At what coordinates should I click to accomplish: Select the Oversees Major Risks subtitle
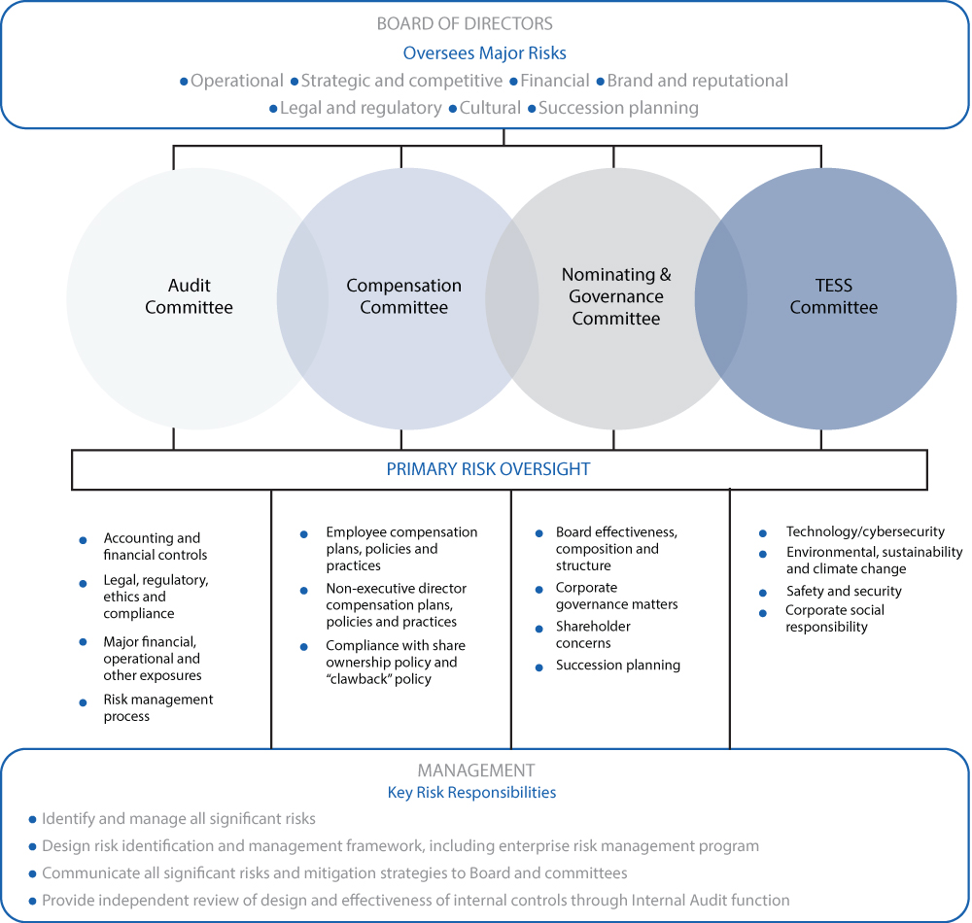tap(484, 52)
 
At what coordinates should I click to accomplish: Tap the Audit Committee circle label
tap(189, 296)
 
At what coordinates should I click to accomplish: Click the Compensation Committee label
tap(403, 296)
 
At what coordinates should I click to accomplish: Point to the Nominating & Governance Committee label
tap(615, 296)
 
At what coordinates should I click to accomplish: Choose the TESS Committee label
tap(833, 296)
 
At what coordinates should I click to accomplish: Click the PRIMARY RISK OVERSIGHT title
tap(488, 469)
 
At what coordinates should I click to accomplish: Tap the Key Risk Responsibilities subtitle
tap(471, 792)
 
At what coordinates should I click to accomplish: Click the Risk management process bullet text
tap(157, 707)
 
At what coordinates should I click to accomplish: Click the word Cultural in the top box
tap(490, 108)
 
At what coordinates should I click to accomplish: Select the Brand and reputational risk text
tap(697, 81)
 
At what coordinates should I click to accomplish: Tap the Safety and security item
tap(844, 591)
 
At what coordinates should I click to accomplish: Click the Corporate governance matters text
tap(616, 596)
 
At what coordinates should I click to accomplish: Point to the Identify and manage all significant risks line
tap(179, 819)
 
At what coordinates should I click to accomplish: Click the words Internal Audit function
tap(708, 901)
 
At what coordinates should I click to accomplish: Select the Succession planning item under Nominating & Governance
tap(617, 666)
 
